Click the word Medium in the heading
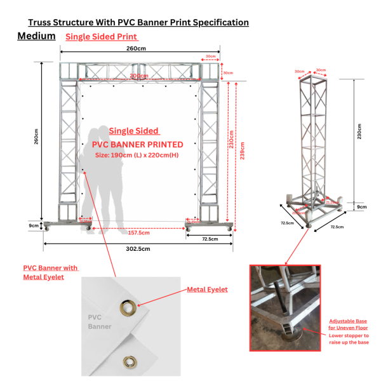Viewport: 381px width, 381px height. click(37, 36)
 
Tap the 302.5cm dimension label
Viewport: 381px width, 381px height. click(138, 249)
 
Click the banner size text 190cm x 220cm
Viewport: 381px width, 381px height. click(137, 154)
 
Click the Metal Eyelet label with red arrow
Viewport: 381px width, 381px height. click(207, 290)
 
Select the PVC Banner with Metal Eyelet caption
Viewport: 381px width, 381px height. click(51, 272)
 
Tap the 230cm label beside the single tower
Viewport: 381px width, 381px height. click(359, 132)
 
